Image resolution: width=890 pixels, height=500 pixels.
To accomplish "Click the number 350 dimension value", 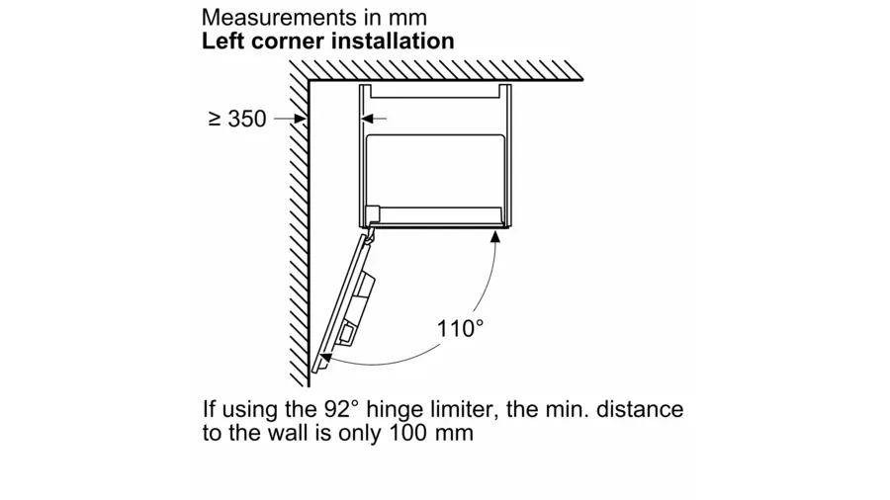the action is tap(247, 119).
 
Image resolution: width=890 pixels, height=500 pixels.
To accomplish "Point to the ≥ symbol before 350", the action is tap(215, 119).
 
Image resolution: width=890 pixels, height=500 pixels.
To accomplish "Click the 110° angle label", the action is tap(460, 329).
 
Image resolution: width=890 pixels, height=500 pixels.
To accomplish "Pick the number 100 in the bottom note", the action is tap(407, 433).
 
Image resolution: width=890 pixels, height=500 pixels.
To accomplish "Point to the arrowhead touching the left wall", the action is tap(301, 119).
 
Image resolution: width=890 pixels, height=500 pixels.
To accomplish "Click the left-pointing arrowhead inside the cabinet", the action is tap(368, 119).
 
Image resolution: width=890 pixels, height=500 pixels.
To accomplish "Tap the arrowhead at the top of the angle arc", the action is tap(495, 236).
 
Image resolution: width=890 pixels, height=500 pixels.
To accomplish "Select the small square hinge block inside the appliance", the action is tap(373, 214).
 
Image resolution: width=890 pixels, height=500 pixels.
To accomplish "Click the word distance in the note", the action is tap(640, 409).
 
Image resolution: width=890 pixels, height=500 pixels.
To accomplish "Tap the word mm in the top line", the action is tap(407, 18).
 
